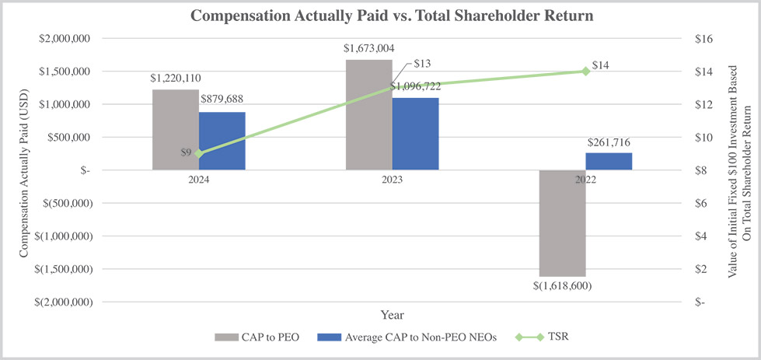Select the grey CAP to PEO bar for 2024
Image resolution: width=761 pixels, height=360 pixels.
175,129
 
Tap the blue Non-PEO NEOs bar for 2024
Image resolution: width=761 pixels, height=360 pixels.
222,141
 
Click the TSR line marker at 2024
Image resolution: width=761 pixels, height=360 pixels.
198,153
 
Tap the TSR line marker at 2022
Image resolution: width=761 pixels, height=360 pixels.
585,71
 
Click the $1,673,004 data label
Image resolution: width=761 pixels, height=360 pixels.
368,48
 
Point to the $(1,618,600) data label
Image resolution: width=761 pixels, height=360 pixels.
562,285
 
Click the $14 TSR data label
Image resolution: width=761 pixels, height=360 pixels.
600,65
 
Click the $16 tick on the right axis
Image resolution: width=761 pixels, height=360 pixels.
702,38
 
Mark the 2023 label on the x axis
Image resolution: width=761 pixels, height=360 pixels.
392,179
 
